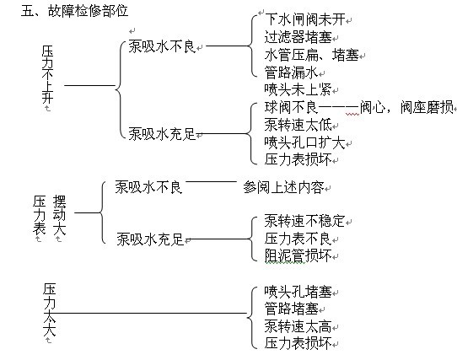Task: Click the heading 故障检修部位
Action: (x=88, y=11)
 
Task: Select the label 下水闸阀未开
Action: (x=305, y=19)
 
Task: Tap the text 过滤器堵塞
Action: (x=298, y=37)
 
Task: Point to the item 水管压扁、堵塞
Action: (x=312, y=55)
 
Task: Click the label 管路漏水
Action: (x=292, y=73)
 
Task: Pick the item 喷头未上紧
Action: (x=298, y=89)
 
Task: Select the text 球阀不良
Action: (x=292, y=107)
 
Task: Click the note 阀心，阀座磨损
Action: (x=407, y=107)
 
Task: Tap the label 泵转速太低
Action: (x=298, y=125)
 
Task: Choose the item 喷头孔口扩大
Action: (x=305, y=142)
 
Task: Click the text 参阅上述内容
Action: (x=283, y=187)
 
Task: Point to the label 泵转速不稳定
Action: (x=305, y=221)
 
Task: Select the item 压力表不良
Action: (x=298, y=239)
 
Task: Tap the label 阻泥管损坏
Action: (x=298, y=255)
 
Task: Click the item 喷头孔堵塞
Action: (x=298, y=291)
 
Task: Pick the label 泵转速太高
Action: (x=298, y=326)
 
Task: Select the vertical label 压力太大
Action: (x=49, y=309)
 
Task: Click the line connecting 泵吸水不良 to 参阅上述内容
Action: (x=212, y=181)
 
